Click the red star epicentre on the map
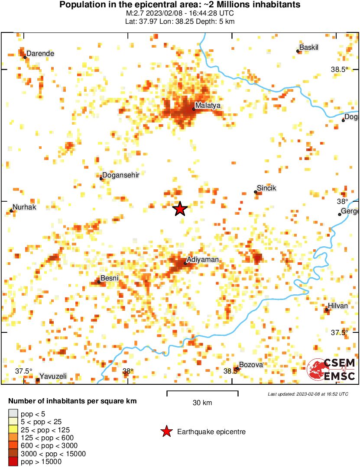[180, 209]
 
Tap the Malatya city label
[208, 105]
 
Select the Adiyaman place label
[203, 260]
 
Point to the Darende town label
[41, 54]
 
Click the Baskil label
[309, 48]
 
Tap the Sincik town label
[266, 188]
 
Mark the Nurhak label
[24, 207]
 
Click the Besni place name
[109, 278]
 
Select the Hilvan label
[338, 306]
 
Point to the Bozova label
[251, 365]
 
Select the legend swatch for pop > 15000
[13, 462]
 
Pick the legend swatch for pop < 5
[13, 414]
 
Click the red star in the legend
[166, 432]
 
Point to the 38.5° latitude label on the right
[340, 70]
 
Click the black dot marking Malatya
[194, 109]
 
